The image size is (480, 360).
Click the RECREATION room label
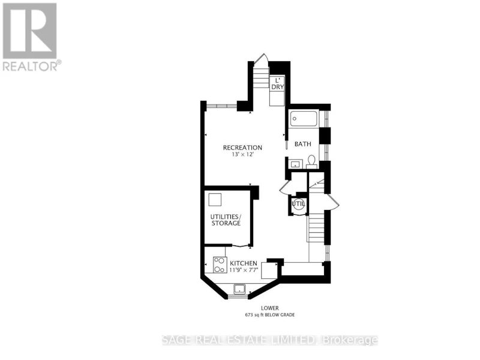(242, 148)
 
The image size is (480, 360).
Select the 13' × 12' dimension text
(243, 155)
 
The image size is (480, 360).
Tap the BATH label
(303, 144)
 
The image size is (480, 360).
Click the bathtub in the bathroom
(304, 119)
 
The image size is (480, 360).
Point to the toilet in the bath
(311, 161)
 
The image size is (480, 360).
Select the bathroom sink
(296, 164)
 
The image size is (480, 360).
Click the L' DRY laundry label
(278, 83)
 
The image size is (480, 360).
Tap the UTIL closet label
(298, 203)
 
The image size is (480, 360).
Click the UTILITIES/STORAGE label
(226, 220)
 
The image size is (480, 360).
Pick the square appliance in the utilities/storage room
(215, 200)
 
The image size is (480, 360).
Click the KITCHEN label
(244, 263)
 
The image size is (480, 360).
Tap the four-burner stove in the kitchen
(220, 265)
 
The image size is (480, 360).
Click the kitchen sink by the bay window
(239, 289)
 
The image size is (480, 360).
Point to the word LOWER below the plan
(269, 308)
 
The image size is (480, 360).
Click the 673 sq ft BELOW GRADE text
(269, 314)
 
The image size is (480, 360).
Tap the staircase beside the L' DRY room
(261, 78)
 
